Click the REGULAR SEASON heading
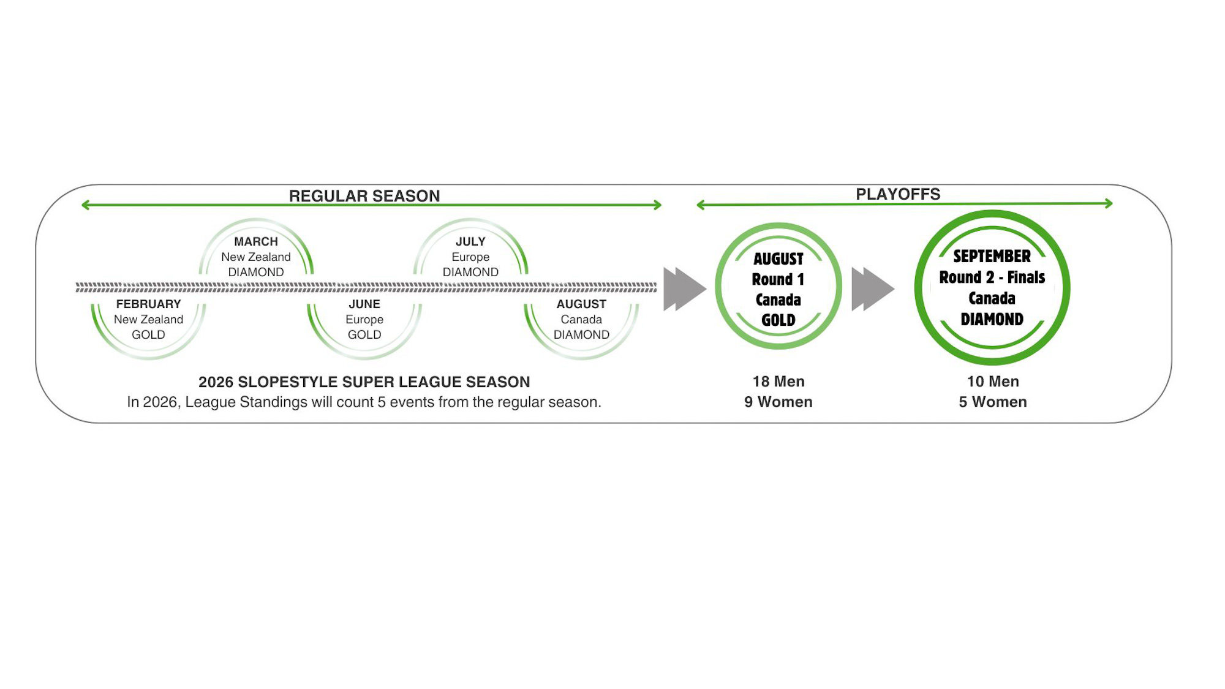point(364,196)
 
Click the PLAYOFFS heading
point(897,194)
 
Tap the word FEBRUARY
point(148,304)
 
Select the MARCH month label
point(256,242)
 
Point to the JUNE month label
point(364,304)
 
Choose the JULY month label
point(470,242)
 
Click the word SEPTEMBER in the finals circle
point(992,256)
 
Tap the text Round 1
point(778,279)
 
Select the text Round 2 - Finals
point(992,277)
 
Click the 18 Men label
point(778,382)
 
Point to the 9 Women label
point(778,402)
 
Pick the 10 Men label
point(993,382)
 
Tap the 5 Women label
point(993,402)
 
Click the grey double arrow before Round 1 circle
point(684,288)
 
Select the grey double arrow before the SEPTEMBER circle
point(872,288)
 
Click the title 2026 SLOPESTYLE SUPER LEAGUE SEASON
point(364,382)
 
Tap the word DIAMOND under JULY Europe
point(470,273)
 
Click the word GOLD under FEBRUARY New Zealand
point(148,335)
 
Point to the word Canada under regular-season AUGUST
point(581,320)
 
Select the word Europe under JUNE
point(364,320)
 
